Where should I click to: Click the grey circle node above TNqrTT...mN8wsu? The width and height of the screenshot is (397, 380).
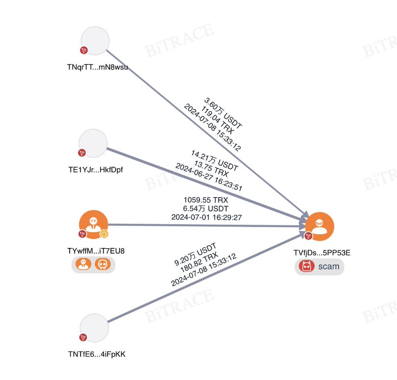tap(95, 41)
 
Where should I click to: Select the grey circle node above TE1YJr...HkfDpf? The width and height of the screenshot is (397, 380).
tap(93, 144)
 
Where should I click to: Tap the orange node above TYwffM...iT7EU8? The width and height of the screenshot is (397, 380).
tap(94, 225)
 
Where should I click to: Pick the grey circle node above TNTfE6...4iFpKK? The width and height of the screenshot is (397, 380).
tap(94, 328)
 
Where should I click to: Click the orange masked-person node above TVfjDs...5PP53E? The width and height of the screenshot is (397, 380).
tap(319, 226)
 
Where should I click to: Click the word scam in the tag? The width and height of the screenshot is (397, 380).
tap(328, 266)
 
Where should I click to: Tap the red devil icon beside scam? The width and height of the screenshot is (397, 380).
tap(305, 266)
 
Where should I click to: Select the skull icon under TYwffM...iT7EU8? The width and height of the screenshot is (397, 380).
tap(102, 264)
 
